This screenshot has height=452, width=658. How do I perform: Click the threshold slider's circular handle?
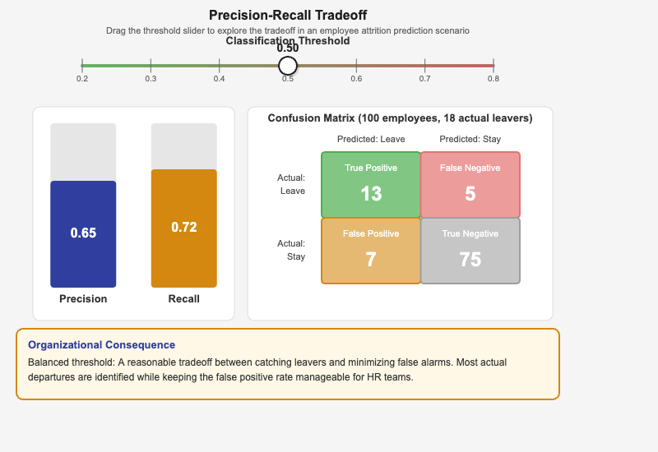(x=288, y=66)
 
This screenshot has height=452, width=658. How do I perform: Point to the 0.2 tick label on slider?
(x=82, y=79)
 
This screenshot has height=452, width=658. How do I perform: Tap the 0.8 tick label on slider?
(x=493, y=79)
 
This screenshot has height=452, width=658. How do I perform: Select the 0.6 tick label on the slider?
(x=356, y=79)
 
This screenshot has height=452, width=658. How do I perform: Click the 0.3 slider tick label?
(x=151, y=79)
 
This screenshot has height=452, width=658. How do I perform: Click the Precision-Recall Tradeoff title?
(x=288, y=15)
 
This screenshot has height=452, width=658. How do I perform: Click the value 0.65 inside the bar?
(x=83, y=233)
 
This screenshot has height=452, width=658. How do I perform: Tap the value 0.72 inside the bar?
(x=183, y=227)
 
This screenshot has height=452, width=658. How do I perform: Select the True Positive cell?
(x=371, y=185)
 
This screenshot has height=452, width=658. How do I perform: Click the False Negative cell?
(x=470, y=185)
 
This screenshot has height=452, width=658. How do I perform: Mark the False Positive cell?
(x=371, y=251)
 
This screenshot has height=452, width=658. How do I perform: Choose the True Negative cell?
(x=470, y=251)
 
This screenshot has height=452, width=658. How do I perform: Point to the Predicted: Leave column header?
(x=371, y=139)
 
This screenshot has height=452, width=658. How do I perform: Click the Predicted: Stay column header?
(x=470, y=139)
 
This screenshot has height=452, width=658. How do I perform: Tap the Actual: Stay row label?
(x=291, y=250)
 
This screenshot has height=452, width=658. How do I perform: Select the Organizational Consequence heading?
(x=101, y=345)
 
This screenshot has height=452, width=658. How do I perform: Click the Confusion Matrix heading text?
(x=400, y=118)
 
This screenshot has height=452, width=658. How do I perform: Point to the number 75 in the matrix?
(x=470, y=260)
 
